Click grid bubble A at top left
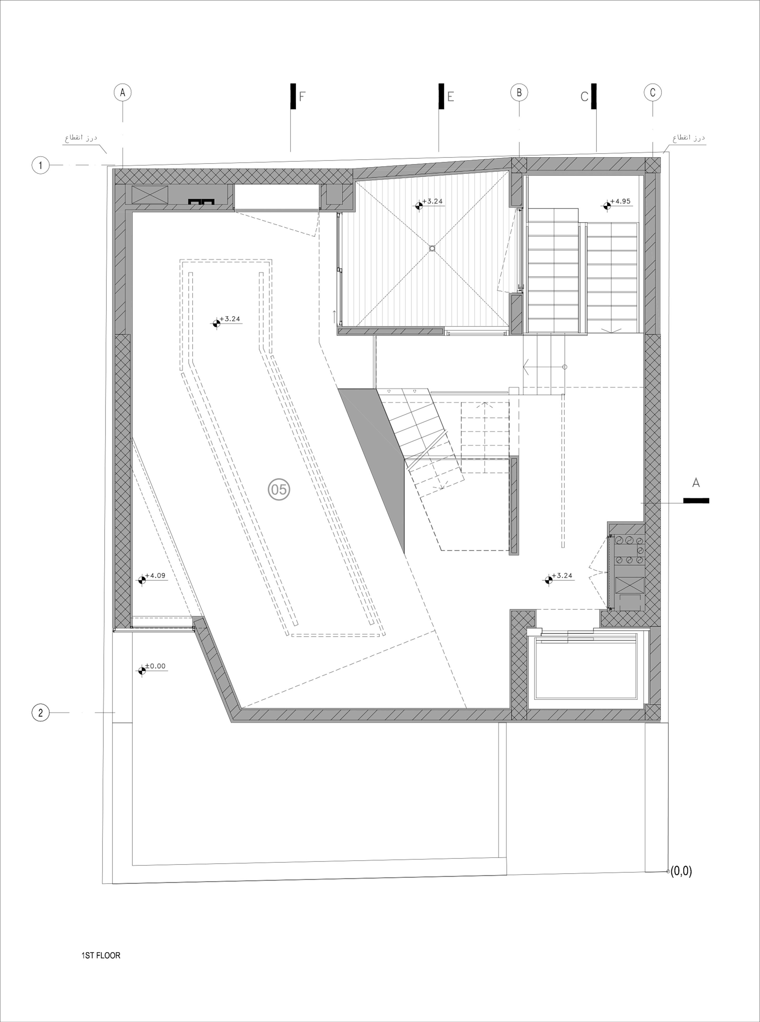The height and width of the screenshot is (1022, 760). click(122, 92)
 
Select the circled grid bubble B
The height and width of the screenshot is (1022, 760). click(519, 92)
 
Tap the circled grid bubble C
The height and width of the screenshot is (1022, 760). click(652, 92)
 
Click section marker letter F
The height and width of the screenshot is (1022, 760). click(302, 97)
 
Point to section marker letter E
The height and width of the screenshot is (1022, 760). click(451, 97)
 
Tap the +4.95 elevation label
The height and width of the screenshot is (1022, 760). click(623, 201)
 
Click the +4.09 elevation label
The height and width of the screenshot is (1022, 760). click(155, 576)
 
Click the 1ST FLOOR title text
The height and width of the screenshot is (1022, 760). click(101, 955)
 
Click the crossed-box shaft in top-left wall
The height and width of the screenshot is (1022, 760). click(150, 195)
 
